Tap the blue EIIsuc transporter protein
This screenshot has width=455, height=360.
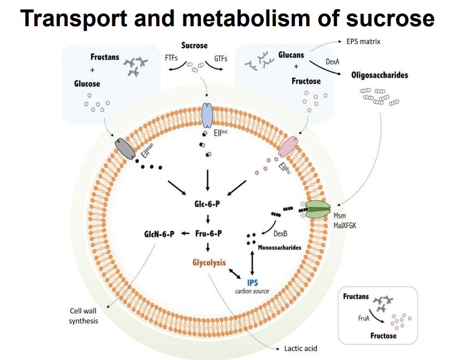pyautogui.click(x=208, y=115)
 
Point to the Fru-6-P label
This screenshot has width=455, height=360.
pyautogui.click(x=208, y=234)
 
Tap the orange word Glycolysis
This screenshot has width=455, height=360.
pyautogui.click(x=209, y=263)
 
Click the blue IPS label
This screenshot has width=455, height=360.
pyautogui.click(x=252, y=282)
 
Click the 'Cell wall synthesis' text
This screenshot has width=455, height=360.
pyautogui.click(x=84, y=316)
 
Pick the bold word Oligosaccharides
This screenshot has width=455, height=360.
pyautogui.click(x=380, y=75)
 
